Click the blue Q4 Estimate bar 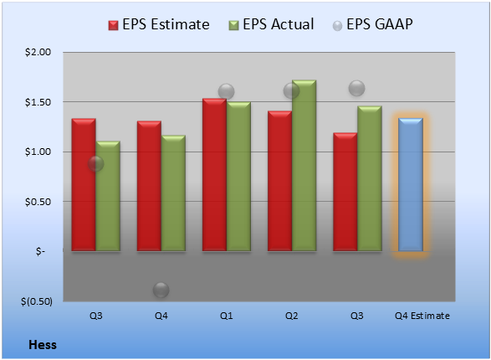(x=411, y=184)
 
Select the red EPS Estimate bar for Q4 (x=149, y=186)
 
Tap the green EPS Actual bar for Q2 (x=304, y=166)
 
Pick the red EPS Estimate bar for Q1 (x=214, y=174)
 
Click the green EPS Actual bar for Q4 (x=173, y=193)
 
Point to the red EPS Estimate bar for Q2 (x=279, y=181)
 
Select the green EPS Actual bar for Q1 (x=238, y=176)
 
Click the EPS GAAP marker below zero (x=161, y=290)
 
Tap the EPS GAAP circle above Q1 (x=226, y=92)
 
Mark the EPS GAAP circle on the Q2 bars (x=292, y=91)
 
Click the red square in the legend (x=114, y=25)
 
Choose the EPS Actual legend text (x=279, y=24)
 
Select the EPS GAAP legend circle (x=337, y=26)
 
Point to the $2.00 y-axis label (x=38, y=52)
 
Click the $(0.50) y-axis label (x=37, y=301)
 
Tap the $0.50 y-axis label (x=38, y=202)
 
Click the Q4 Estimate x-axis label (x=422, y=316)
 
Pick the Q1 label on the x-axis (x=226, y=316)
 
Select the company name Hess (x=43, y=345)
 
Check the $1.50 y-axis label (x=38, y=102)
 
